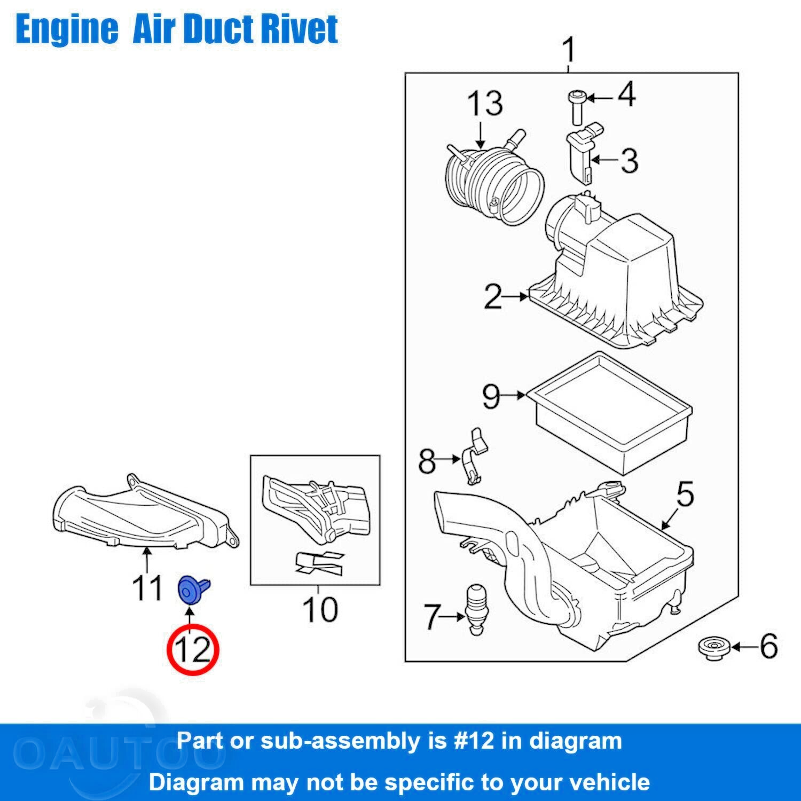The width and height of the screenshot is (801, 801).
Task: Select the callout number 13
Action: (x=485, y=104)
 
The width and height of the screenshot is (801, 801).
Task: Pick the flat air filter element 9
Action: (x=609, y=411)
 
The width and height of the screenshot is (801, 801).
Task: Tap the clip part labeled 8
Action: (x=473, y=457)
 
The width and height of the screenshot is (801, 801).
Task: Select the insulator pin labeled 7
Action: (x=478, y=609)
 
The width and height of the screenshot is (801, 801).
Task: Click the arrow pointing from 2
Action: (x=516, y=296)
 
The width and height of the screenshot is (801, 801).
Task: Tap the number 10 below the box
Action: (x=320, y=609)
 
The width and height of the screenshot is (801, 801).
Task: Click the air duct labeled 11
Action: (x=144, y=513)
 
